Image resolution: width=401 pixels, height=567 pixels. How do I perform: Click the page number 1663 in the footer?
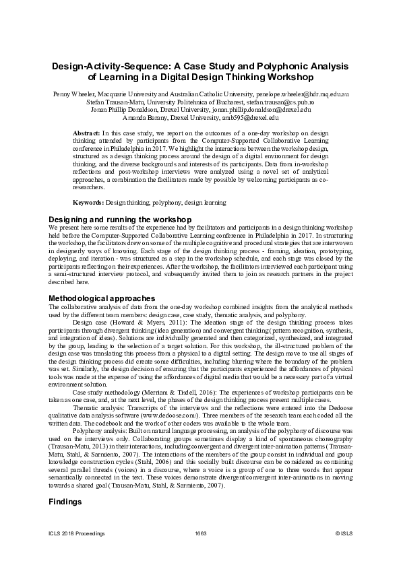pos(200,533)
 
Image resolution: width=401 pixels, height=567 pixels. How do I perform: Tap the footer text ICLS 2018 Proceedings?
pos(76,533)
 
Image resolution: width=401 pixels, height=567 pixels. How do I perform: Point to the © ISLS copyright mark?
pos(344,533)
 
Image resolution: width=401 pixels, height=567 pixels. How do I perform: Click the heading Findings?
pos(66,502)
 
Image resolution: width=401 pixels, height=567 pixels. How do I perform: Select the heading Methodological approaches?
pos(102,298)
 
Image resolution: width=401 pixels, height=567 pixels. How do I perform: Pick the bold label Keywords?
pos(88,202)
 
